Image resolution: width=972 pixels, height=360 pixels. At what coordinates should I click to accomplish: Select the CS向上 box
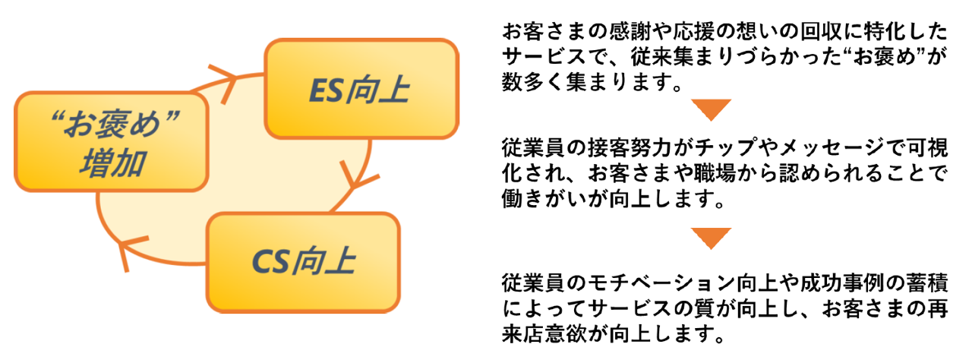tap(303, 261)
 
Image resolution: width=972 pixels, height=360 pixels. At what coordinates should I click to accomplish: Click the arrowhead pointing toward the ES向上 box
tap(225, 77)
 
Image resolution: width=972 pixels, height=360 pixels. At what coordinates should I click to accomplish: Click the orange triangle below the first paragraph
tap(711, 110)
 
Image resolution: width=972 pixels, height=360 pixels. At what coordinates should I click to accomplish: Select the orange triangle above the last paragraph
tap(711, 238)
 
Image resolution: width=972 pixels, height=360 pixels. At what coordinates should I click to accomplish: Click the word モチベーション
tap(668, 283)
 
